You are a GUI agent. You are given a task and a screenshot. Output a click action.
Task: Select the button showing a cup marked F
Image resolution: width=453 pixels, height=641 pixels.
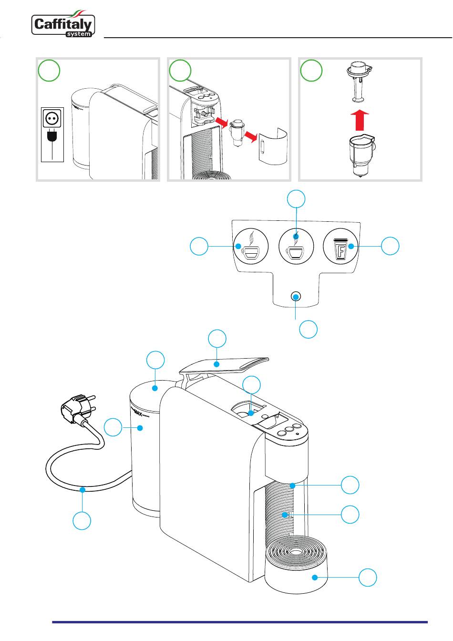341,246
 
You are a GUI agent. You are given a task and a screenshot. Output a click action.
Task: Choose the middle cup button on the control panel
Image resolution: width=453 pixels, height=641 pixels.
296,246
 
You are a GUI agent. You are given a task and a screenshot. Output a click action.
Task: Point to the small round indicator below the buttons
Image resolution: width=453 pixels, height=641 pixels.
296,297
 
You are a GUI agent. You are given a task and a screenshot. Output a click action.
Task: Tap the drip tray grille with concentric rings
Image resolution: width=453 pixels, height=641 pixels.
296,552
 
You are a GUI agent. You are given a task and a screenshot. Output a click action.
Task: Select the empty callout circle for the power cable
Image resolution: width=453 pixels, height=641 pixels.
82,521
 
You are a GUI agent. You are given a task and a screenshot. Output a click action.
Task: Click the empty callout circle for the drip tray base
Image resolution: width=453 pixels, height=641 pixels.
368,578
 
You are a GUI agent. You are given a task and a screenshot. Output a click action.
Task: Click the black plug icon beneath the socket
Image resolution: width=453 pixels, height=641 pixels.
52,138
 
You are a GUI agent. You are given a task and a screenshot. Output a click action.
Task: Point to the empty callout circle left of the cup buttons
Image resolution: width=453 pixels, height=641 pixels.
199,247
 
